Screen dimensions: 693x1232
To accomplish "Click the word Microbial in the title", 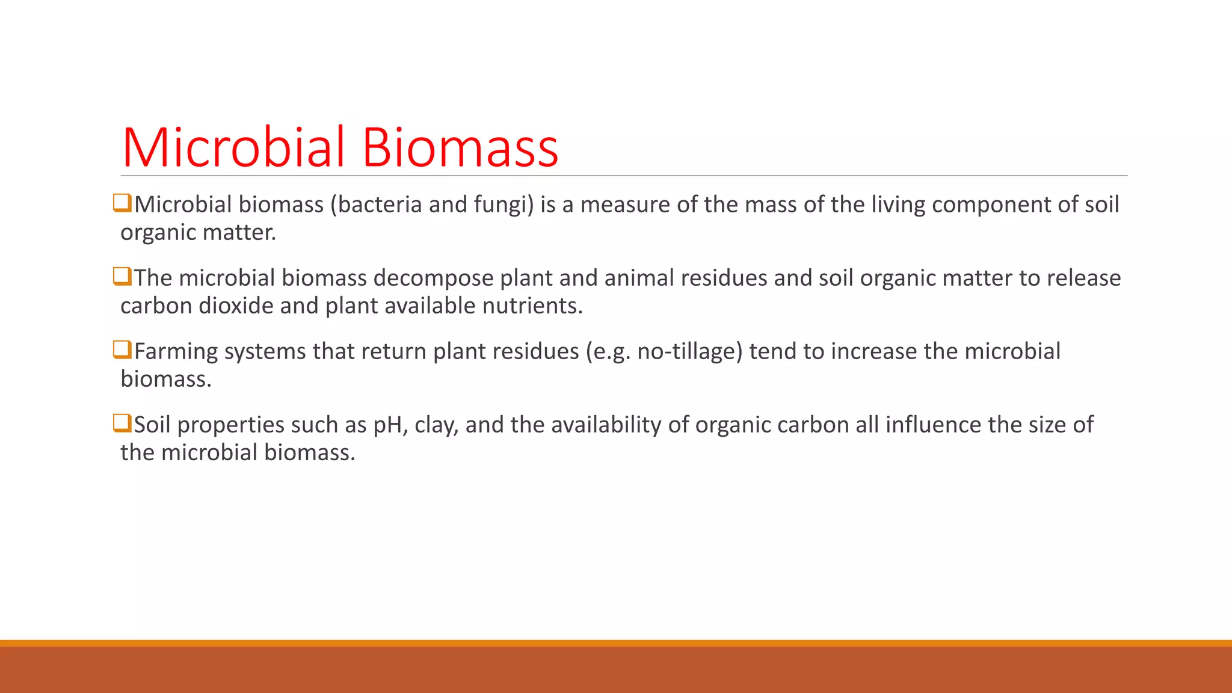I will pyautogui.click(x=233, y=147).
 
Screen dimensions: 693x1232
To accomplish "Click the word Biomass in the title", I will pyautogui.click(x=460, y=147).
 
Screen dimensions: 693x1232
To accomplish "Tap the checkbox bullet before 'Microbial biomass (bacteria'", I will pyautogui.click(x=122, y=203).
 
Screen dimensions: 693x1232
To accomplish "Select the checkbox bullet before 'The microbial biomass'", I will pyautogui.click(x=122, y=277).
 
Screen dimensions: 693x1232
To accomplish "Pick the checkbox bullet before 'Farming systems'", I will pyautogui.click(x=122, y=350).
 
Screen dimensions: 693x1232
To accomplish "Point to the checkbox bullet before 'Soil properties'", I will pyautogui.click(x=122, y=423).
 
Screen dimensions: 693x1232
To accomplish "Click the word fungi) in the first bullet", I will pyautogui.click(x=504, y=205).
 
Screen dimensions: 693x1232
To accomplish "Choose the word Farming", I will pyautogui.click(x=176, y=352).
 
